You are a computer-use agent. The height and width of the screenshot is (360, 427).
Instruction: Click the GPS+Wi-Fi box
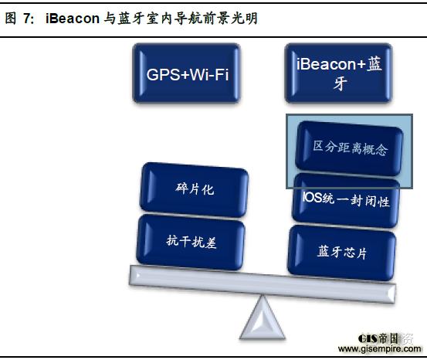[186, 73]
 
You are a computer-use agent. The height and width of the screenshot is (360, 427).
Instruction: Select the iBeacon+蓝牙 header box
[338, 73]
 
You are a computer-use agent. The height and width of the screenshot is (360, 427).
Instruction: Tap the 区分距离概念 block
[349, 148]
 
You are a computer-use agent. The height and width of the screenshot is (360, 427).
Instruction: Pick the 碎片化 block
[194, 190]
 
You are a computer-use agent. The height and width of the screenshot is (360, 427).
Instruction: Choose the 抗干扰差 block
[191, 242]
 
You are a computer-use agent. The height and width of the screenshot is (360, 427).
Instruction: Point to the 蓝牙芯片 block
[342, 253]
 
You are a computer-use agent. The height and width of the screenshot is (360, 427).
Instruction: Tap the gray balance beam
[263, 284]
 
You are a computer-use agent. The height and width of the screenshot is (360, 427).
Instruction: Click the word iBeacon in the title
[73, 19]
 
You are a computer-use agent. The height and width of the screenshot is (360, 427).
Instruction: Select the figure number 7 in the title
[27, 19]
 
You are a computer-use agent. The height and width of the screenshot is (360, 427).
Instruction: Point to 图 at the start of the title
[11, 19]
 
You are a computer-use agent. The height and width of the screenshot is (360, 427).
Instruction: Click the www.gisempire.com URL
[379, 349]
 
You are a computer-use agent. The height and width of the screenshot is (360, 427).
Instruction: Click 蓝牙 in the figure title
[130, 19]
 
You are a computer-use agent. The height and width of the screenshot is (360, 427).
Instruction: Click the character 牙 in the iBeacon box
[340, 83]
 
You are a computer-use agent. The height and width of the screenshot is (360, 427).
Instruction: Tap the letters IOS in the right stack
[311, 197]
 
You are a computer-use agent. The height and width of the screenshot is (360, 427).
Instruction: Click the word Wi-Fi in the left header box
[209, 74]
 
